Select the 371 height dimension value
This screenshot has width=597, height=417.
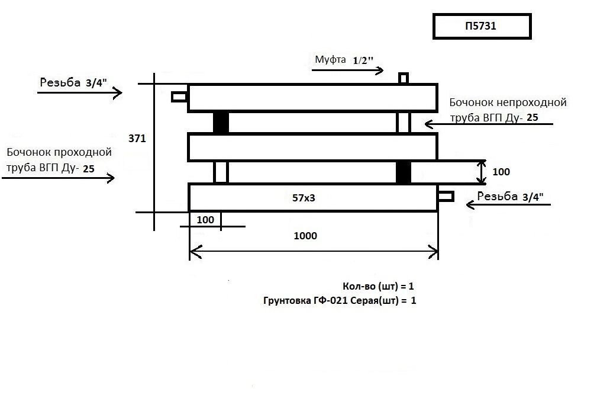coord(137,138)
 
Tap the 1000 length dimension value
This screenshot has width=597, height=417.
coord(305,236)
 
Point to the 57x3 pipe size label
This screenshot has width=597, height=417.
coord(304,198)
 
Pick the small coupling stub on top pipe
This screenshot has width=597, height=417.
coord(403,78)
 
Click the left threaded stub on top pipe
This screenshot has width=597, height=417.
coord(179,96)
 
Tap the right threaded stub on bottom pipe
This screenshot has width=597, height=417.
coord(446,196)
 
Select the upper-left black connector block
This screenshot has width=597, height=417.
coord(221,123)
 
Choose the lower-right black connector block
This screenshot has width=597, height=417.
coord(404,172)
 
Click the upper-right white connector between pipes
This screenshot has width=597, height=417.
coord(404,123)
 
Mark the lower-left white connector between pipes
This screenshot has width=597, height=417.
coord(221,172)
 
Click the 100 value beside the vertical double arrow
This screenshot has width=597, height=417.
coord(501,172)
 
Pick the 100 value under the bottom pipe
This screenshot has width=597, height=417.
coord(205,220)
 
